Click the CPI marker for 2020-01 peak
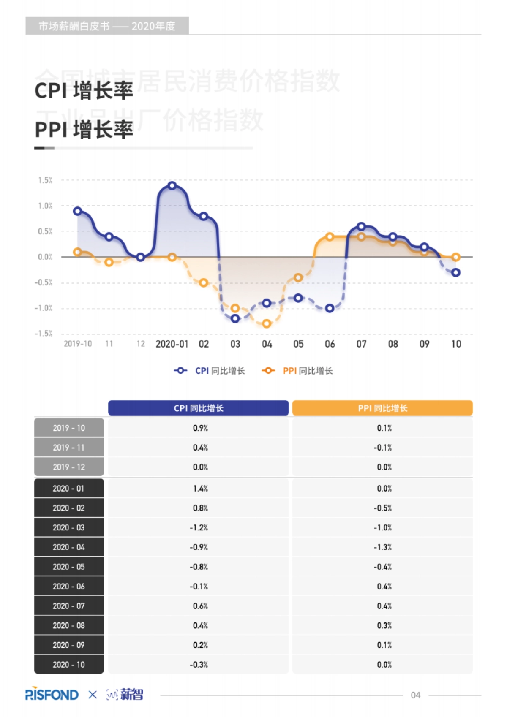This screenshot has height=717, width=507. pyautogui.click(x=172, y=185)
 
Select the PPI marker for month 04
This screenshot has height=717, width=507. pyautogui.click(x=267, y=324)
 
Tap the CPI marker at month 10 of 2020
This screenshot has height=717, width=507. pyautogui.click(x=455, y=273)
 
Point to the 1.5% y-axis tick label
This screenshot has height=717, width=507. pyautogui.click(x=45, y=180)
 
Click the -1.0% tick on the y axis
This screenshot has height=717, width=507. pyautogui.click(x=44, y=308)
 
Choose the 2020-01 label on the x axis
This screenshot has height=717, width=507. pyautogui.click(x=172, y=344)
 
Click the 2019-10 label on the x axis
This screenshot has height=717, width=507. pyautogui.click(x=78, y=344)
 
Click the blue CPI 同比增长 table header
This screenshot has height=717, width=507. pyautogui.click(x=198, y=408)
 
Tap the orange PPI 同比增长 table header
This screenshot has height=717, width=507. pyautogui.click(x=382, y=408)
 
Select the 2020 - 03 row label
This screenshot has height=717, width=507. pyautogui.click(x=69, y=528)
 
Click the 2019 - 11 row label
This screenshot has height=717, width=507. pyautogui.click(x=69, y=448)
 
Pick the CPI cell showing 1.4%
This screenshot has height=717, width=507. pyautogui.click(x=200, y=489)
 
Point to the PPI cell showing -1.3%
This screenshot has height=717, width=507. pyautogui.click(x=383, y=547)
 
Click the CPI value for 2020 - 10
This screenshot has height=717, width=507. pyautogui.click(x=199, y=665)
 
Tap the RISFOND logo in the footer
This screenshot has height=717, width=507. pyautogui.click(x=52, y=695)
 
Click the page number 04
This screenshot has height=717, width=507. pyautogui.click(x=415, y=695)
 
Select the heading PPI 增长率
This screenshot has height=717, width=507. pyautogui.click(x=84, y=129)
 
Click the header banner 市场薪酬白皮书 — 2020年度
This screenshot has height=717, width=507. pyautogui.click(x=107, y=26)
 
